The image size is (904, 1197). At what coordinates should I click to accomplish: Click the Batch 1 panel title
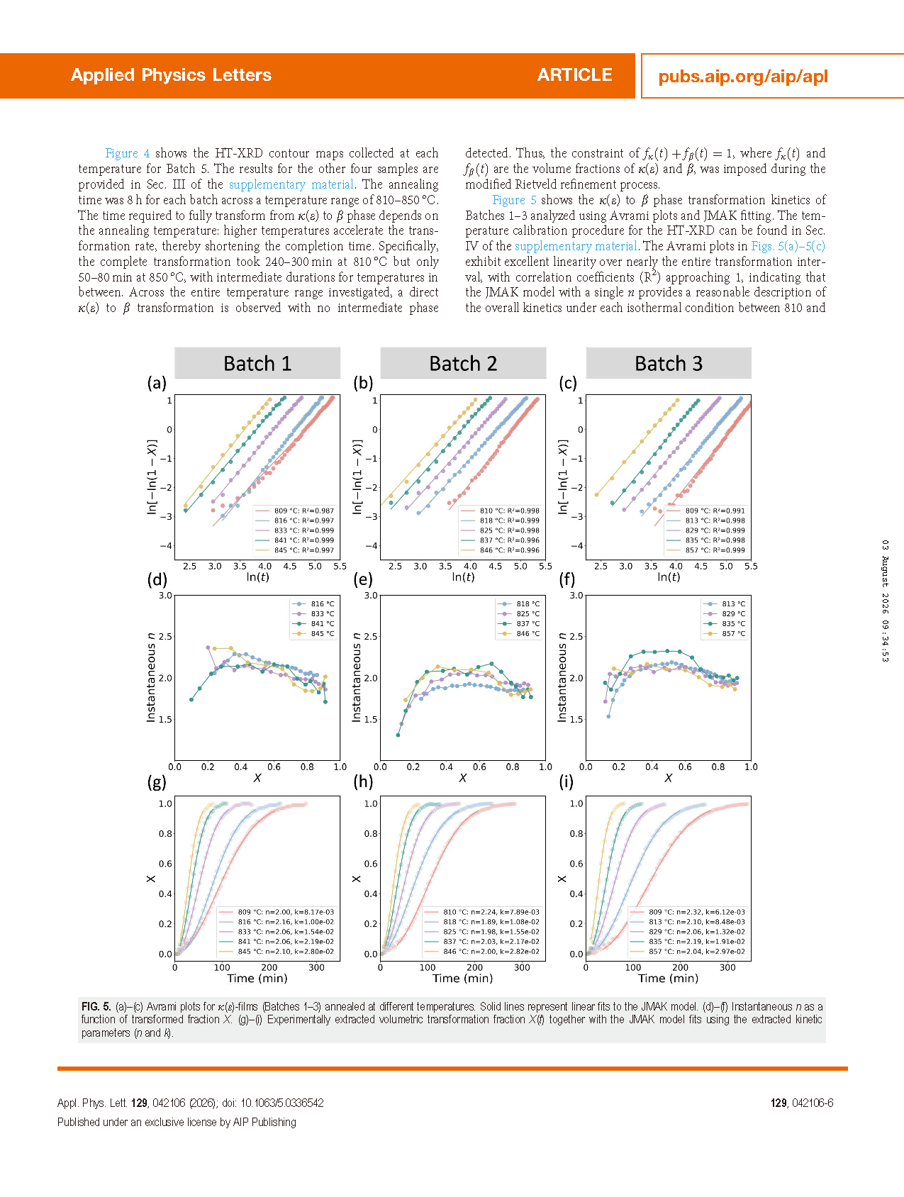click(x=257, y=364)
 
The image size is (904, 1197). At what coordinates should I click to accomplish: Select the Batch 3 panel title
click(x=669, y=364)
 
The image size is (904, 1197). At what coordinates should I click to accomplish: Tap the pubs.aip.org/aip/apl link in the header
click(x=743, y=77)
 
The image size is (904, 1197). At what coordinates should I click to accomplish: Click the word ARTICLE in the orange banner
click(x=574, y=75)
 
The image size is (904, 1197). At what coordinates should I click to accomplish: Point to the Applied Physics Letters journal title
click(x=171, y=75)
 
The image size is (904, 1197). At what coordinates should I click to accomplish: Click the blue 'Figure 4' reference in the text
click(x=128, y=153)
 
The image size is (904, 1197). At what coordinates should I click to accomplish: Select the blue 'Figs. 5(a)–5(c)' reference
click(x=788, y=246)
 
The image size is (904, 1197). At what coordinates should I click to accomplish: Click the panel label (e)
click(x=363, y=579)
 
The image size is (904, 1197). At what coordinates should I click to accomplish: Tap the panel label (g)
click(x=157, y=781)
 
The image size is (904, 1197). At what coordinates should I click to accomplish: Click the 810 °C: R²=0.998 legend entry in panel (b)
click(x=500, y=511)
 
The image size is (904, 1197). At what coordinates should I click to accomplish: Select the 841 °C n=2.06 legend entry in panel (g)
click(x=277, y=942)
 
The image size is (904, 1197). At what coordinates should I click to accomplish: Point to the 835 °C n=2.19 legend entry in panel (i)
click(x=688, y=942)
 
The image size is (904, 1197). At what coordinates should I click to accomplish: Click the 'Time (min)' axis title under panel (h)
click(x=463, y=979)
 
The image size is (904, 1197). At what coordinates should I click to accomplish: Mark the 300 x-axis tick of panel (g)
click(x=317, y=967)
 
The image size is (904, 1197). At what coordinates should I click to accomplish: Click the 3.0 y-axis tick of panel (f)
click(x=576, y=596)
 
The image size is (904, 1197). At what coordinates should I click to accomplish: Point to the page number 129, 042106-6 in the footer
click(x=802, y=1103)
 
